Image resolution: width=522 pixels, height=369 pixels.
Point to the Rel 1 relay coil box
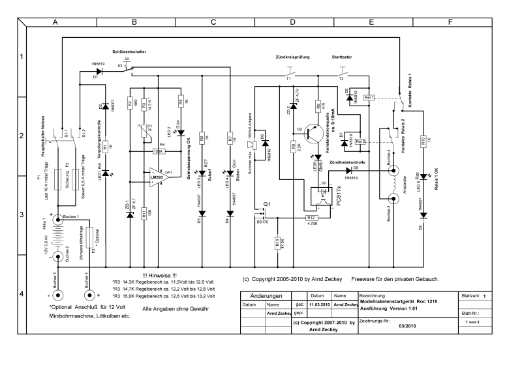pos(369,98)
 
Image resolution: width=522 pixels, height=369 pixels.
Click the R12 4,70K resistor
pos(311,217)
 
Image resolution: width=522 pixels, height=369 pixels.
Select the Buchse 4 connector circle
pos(393,171)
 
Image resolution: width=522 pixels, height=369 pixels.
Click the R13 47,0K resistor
pos(277,243)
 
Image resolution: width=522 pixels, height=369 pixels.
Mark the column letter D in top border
pos(292,22)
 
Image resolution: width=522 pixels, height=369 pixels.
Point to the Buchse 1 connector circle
pos(56,219)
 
